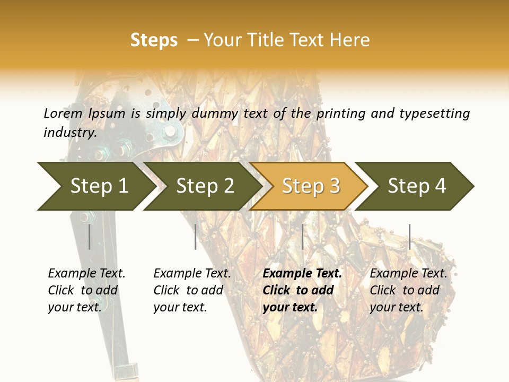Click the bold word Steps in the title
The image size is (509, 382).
tap(154, 40)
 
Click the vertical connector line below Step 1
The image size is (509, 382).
tap(90, 237)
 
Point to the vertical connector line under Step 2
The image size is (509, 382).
tap(196, 237)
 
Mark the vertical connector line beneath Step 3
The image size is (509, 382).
tap(302, 237)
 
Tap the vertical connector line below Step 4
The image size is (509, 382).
tap(409, 237)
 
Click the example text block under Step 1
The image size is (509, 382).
tap(86, 290)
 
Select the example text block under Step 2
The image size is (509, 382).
tap(192, 290)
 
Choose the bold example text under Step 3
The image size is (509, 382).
tap(302, 290)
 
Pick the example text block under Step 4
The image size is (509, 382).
tap(408, 290)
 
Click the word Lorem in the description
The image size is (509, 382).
tap(63, 114)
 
